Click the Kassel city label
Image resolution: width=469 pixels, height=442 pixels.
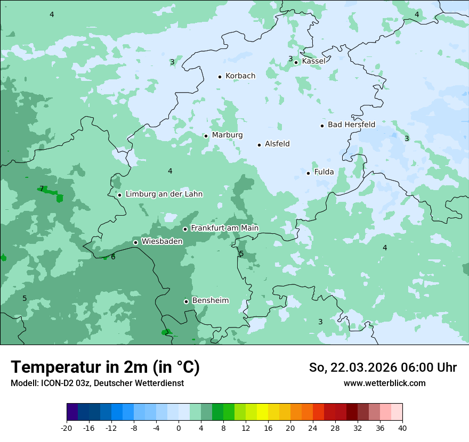pyautogui.click(x=313, y=61)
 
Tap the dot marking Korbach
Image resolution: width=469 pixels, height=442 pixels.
pyautogui.click(x=220, y=77)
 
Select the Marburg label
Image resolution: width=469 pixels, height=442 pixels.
pyautogui.click(x=227, y=135)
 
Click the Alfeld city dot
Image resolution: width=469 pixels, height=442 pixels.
pyautogui.click(x=259, y=145)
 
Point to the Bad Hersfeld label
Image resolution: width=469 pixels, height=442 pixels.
pyautogui.click(x=351, y=125)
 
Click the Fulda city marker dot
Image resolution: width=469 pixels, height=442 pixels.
pyautogui.click(x=308, y=173)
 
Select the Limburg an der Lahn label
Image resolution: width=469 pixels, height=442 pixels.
pyautogui.click(x=164, y=194)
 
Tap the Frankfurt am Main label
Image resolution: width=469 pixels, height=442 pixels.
pyautogui.click(x=224, y=228)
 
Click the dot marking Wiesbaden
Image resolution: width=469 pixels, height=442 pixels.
pyautogui.click(x=135, y=242)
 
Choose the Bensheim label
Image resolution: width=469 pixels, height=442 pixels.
pyautogui.click(x=210, y=301)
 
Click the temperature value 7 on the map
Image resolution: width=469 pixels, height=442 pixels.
pyautogui.click(x=42, y=189)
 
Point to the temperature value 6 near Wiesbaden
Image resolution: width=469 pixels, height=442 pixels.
pyautogui.click(x=113, y=257)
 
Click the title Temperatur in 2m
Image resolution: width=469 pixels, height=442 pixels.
pyautogui.click(x=105, y=367)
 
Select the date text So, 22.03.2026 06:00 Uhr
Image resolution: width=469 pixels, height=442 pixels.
pyautogui.click(x=383, y=367)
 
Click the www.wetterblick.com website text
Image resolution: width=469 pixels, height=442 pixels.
pyautogui.click(x=384, y=383)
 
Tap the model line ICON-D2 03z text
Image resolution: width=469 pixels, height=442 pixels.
pyautogui.click(x=97, y=383)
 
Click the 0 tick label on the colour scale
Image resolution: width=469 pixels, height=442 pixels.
pyautogui.click(x=179, y=428)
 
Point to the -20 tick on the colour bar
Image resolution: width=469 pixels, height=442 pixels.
pyautogui.click(x=67, y=428)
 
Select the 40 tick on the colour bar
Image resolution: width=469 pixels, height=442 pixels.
pyautogui.click(x=402, y=428)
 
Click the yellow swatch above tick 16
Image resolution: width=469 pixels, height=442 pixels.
pyautogui.click(x=262, y=412)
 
